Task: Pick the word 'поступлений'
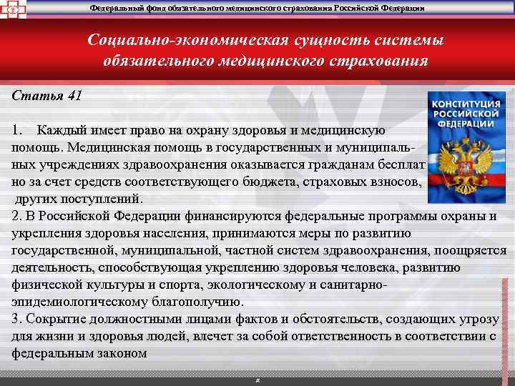coord(108,199)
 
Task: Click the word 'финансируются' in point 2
coord(236,216)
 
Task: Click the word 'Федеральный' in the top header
coord(117,7)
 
